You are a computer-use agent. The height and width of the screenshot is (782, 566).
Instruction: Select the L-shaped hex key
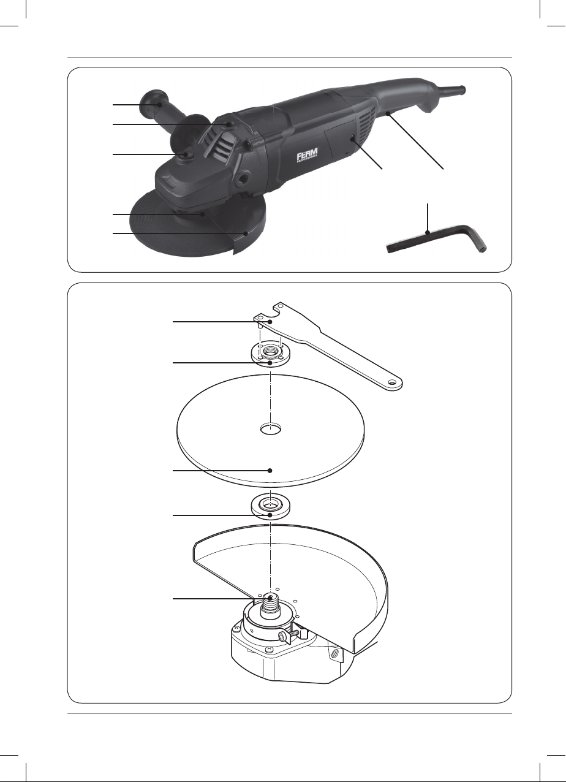click(x=436, y=240)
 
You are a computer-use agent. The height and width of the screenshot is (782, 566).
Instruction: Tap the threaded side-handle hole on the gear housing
click(x=242, y=180)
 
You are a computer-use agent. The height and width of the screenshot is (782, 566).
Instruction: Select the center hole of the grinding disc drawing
click(x=271, y=429)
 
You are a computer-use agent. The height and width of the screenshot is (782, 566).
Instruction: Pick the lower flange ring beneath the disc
click(x=270, y=507)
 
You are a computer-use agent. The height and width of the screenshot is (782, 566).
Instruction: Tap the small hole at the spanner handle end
click(x=393, y=382)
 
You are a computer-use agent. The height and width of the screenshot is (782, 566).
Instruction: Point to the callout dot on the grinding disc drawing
click(x=270, y=471)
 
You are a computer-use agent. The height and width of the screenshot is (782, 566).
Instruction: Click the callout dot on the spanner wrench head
click(x=270, y=322)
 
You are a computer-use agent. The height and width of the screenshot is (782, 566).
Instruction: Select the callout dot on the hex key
click(x=428, y=232)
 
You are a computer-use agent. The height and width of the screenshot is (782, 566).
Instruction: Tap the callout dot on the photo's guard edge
click(x=246, y=233)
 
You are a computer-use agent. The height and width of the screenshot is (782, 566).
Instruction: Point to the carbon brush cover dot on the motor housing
click(x=353, y=139)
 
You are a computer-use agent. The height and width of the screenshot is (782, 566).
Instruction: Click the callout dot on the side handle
click(x=159, y=104)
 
